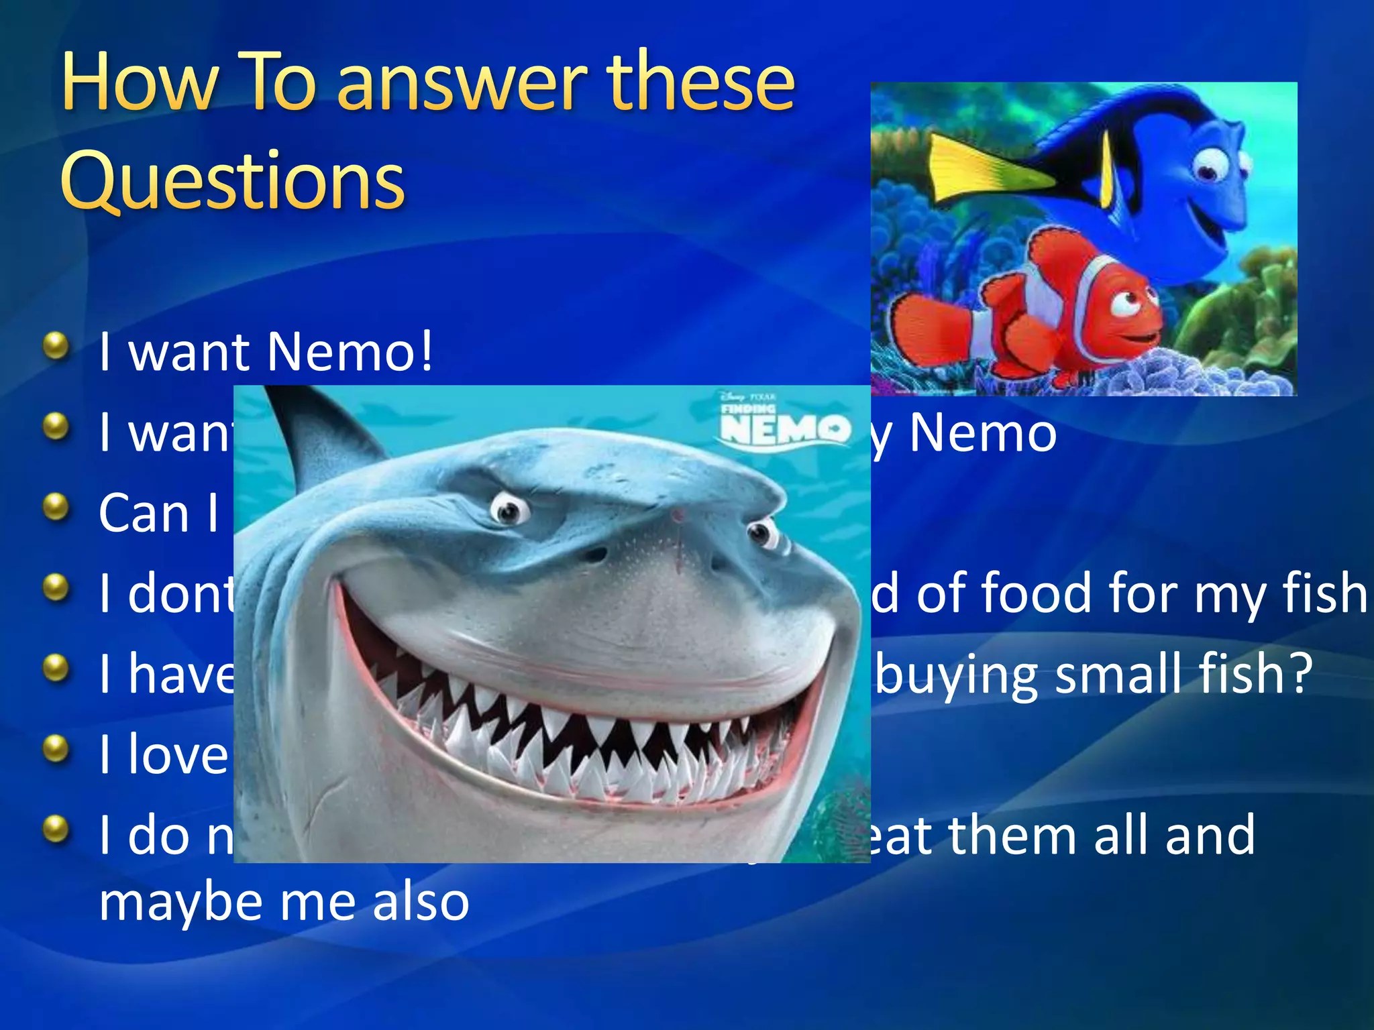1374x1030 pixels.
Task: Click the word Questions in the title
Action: [x=232, y=180]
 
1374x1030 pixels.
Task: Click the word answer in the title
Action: [x=462, y=84]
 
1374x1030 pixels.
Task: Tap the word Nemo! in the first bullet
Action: [x=350, y=351]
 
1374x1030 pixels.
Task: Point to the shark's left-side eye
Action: [x=511, y=510]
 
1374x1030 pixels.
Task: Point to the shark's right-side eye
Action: [x=761, y=534]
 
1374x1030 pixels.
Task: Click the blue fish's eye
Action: [x=1212, y=165]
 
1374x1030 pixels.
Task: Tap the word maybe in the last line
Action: [x=181, y=902]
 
